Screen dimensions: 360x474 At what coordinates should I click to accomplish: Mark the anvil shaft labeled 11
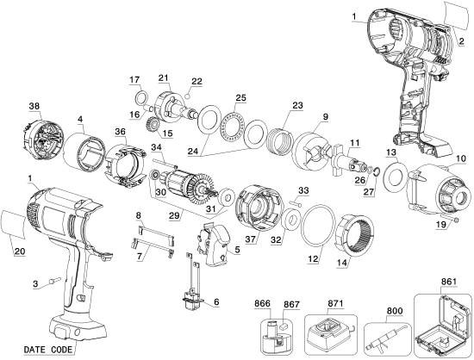tap(354, 161)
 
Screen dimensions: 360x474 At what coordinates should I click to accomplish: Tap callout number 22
tap(197, 81)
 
